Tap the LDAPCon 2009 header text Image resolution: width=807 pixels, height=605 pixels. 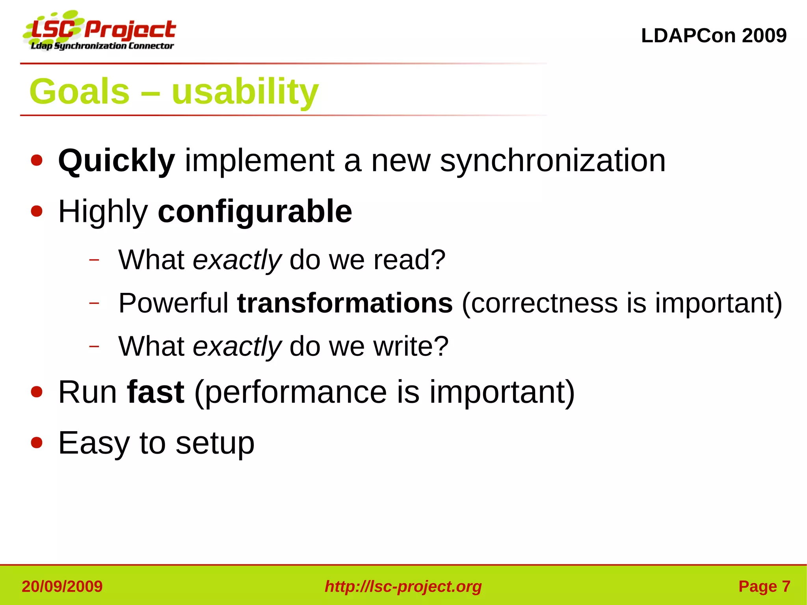click(x=713, y=35)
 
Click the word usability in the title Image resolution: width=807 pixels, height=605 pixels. click(x=245, y=91)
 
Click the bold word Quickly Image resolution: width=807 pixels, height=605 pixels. click(x=116, y=161)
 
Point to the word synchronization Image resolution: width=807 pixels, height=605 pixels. click(x=552, y=161)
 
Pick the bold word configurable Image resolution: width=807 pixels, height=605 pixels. click(x=255, y=212)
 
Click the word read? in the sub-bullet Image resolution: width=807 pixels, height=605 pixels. click(x=409, y=260)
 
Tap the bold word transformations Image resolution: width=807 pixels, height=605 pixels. click(x=345, y=303)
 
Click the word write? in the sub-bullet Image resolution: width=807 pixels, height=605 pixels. click(x=411, y=346)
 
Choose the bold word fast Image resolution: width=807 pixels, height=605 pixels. click(x=156, y=392)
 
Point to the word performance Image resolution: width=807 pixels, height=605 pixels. click(x=296, y=392)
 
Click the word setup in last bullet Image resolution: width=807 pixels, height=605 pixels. click(x=215, y=443)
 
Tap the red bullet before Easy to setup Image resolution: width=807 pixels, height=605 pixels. click(x=37, y=443)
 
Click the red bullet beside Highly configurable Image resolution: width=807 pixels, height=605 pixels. click(x=37, y=211)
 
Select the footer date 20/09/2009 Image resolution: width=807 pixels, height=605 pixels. click(x=62, y=586)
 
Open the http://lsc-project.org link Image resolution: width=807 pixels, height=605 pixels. click(x=403, y=586)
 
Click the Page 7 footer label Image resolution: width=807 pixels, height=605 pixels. click(x=764, y=586)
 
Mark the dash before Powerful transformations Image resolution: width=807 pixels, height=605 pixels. click(x=94, y=303)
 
